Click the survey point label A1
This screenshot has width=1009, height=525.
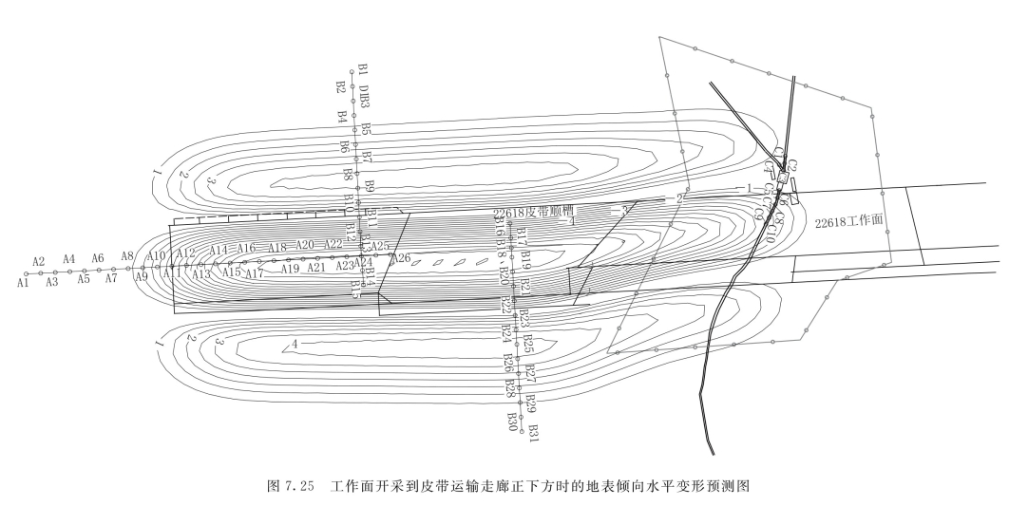[22, 283]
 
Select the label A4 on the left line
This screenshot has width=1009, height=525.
[68, 259]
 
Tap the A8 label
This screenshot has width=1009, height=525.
[127, 256]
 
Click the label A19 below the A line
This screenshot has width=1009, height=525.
[290, 269]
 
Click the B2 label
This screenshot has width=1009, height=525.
[340, 87]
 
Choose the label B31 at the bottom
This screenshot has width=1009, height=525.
[534, 432]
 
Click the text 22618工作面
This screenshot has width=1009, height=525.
[847, 220]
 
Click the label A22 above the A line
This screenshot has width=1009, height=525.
[333, 245]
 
